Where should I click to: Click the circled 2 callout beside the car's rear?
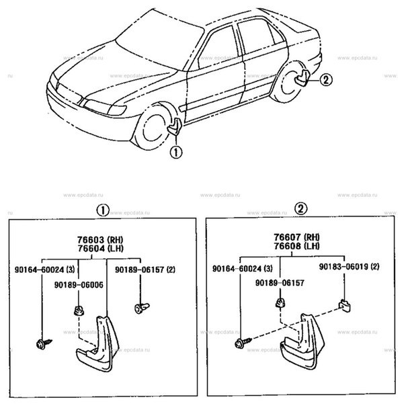[x=326, y=81]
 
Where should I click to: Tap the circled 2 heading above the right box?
[x=301, y=209]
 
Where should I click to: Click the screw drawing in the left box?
[x=40, y=344]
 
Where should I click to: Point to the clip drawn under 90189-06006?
[x=77, y=310]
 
